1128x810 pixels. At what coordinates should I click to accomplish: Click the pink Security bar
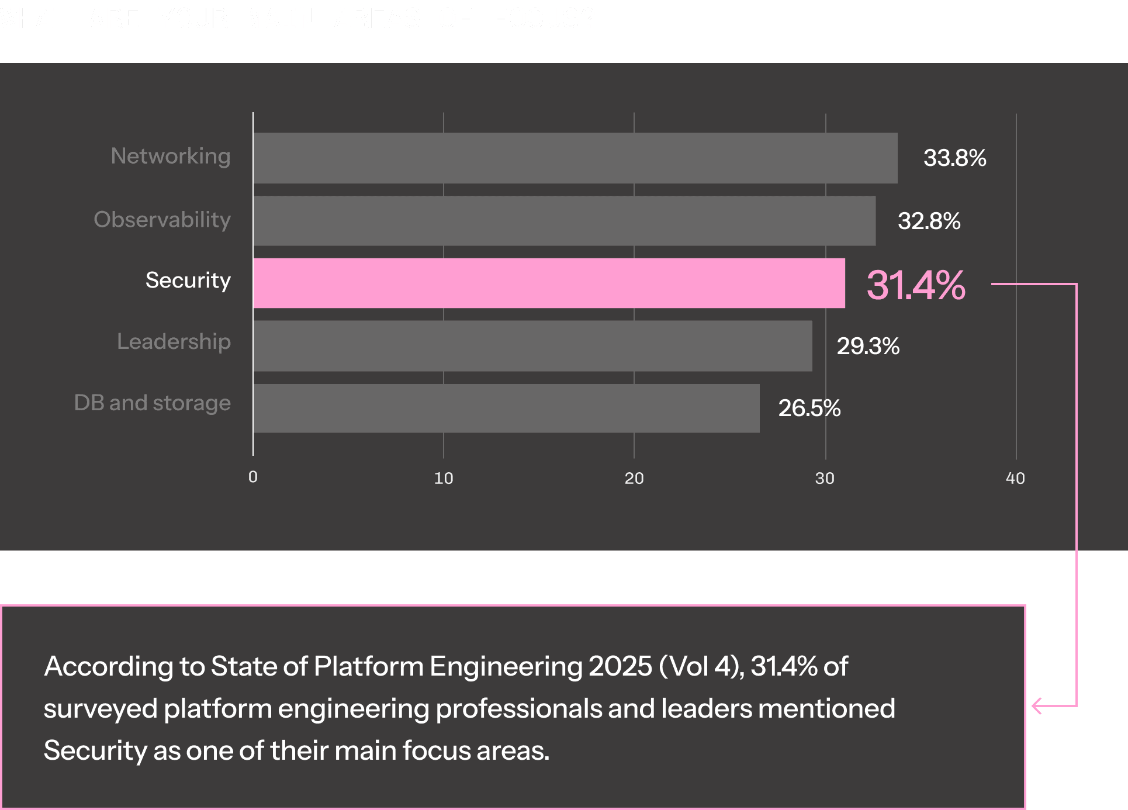point(549,283)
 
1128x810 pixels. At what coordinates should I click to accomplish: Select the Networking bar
point(575,158)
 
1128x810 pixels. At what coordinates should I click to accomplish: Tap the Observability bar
point(564,221)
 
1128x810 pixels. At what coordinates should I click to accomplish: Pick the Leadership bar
point(532,346)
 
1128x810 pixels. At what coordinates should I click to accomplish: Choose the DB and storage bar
point(506,409)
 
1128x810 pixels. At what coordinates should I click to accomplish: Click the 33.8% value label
point(954,158)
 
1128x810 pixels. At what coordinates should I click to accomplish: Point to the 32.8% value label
point(929,221)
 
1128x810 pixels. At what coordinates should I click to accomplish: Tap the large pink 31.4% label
point(915,285)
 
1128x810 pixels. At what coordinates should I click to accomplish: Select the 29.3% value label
point(868,346)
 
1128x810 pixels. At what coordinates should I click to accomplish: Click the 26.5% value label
point(809,408)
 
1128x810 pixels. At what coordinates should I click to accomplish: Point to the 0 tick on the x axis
point(252,477)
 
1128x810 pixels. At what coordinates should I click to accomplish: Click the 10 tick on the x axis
point(444,478)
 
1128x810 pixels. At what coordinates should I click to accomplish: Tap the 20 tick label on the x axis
point(634,478)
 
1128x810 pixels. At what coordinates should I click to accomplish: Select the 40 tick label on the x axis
point(1015,478)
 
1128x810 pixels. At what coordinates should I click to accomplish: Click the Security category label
point(188,281)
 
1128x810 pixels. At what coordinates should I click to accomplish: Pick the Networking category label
point(171,156)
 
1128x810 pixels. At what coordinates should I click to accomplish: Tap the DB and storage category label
point(152,403)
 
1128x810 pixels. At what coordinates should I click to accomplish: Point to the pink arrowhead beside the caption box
point(1037,706)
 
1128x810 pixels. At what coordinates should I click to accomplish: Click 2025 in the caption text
point(620,666)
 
